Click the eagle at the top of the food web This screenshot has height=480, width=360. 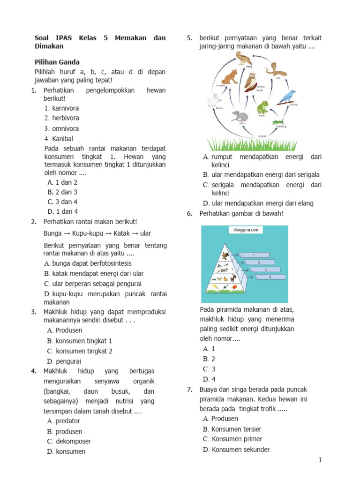coord(242,59)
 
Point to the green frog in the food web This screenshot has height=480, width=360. coord(262,108)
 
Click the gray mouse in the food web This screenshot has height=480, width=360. coord(240,116)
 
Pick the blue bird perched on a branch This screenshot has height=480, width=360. coord(287,97)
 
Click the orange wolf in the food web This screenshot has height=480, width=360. coord(230,77)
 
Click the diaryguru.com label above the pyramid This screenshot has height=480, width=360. coord(245,230)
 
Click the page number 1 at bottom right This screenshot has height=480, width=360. coord(320,460)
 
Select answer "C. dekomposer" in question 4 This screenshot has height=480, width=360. coord(69,441)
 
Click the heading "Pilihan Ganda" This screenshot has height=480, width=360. coord(57,62)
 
